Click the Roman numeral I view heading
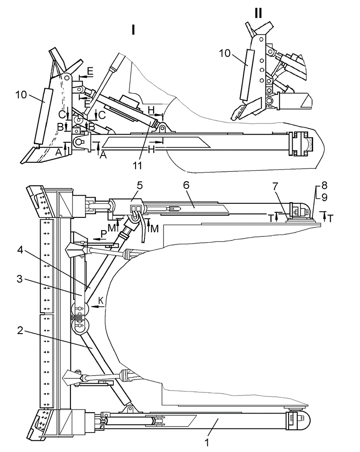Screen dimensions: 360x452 133,30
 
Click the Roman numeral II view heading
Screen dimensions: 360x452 258,13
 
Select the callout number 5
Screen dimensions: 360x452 140,185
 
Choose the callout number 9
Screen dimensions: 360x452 324,197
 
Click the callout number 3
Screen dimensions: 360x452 19,279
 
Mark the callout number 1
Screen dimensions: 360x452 206,443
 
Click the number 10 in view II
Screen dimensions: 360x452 224,53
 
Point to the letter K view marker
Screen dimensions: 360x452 101,301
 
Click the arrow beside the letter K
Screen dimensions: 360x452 97,307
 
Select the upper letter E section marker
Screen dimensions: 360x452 90,71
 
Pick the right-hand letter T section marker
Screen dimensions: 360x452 330,219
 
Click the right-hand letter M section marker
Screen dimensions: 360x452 154,229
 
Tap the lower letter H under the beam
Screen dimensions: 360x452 151,149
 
